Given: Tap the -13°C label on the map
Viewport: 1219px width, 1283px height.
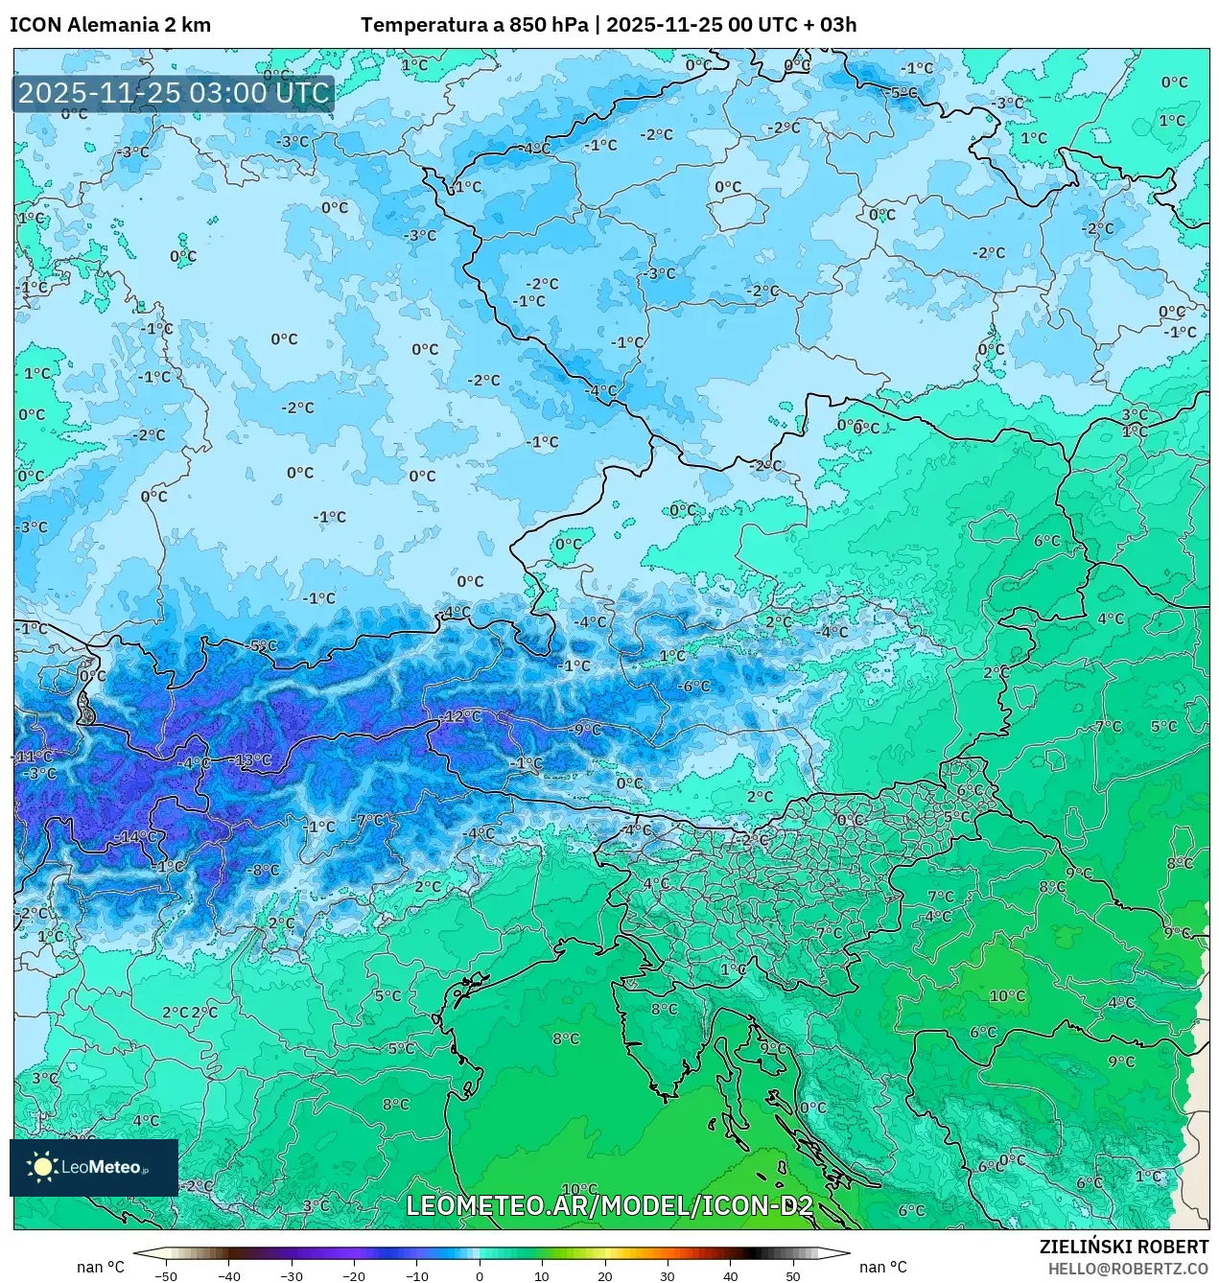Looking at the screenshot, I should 253,760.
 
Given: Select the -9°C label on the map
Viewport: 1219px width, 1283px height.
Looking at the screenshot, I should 584,730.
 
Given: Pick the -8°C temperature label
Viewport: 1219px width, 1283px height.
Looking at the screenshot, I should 264,871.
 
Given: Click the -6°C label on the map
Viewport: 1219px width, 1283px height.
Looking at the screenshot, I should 693,687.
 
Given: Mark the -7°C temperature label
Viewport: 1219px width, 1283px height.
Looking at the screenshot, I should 369,820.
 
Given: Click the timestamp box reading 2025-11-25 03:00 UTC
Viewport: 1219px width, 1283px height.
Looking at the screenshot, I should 174,93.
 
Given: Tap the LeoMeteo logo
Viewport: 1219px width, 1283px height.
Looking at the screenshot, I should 93,1167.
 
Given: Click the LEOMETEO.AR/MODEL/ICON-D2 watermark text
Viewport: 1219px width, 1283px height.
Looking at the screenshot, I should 609,1205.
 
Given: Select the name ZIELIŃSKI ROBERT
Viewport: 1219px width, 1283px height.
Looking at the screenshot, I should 1124,1247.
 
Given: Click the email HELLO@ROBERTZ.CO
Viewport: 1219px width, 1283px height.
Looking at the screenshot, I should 1129,1269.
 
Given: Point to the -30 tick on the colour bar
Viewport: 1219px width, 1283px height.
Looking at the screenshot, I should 292,1276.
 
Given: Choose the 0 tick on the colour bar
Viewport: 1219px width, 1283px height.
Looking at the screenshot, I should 480,1276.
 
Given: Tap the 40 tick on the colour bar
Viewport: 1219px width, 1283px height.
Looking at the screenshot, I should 731,1276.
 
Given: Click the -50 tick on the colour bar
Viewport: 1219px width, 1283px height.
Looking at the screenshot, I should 166,1276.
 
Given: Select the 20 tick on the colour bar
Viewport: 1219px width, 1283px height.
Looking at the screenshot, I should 605,1276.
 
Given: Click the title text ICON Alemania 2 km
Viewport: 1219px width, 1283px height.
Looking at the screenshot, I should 110,25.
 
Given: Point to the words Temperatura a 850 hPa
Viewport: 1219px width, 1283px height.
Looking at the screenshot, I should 475,25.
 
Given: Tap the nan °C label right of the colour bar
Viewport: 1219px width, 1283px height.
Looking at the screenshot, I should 883,1268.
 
